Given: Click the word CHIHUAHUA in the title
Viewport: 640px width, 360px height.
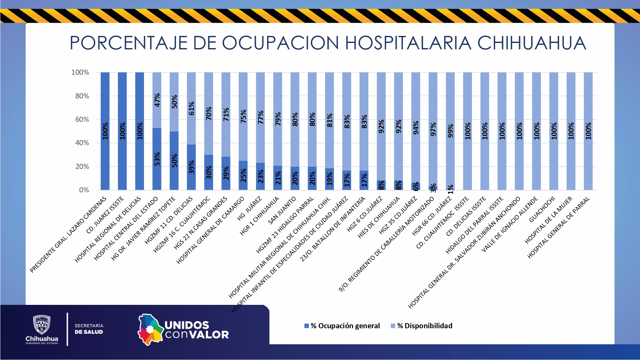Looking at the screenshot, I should click(x=531, y=43).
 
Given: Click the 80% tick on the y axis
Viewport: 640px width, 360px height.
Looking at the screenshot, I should click(x=82, y=96).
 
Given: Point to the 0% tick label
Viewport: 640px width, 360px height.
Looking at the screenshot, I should click(x=84, y=190).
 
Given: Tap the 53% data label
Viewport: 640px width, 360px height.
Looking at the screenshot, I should click(x=157, y=159).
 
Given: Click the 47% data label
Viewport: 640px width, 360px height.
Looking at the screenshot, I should click(x=157, y=100).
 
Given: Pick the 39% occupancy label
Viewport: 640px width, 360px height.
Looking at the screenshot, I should click(x=191, y=167).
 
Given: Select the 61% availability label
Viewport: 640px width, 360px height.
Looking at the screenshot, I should click(x=191, y=108).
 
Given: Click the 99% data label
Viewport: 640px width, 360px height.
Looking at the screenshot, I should click(x=451, y=131).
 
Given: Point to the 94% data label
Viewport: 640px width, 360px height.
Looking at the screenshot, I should click(x=416, y=128).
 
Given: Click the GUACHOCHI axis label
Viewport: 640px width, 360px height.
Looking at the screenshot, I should click(x=542, y=209).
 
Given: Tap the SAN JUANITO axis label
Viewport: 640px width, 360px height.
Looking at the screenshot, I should click(x=282, y=211).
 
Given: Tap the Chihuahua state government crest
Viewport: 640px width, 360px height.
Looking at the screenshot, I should click(x=42, y=325).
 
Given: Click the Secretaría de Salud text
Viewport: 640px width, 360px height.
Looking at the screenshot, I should click(x=89, y=329).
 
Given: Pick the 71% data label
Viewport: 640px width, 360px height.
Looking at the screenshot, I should click(x=226, y=114).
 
